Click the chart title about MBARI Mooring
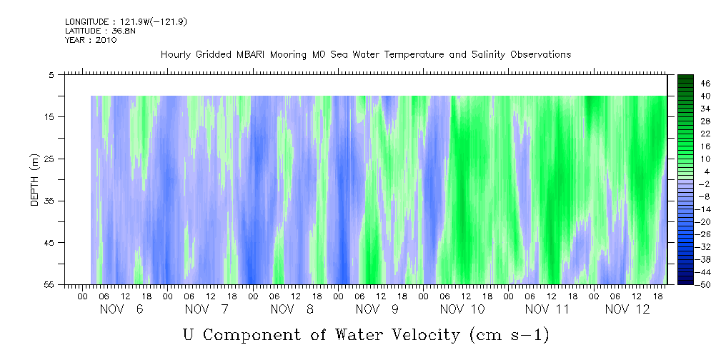point(365,54)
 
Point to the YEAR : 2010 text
point(90,40)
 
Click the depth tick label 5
point(51,74)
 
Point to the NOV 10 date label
point(462,309)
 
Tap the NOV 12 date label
point(627,309)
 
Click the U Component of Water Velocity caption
point(366,334)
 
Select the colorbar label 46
point(705,83)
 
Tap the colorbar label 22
point(705,134)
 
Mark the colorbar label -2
point(705,184)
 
